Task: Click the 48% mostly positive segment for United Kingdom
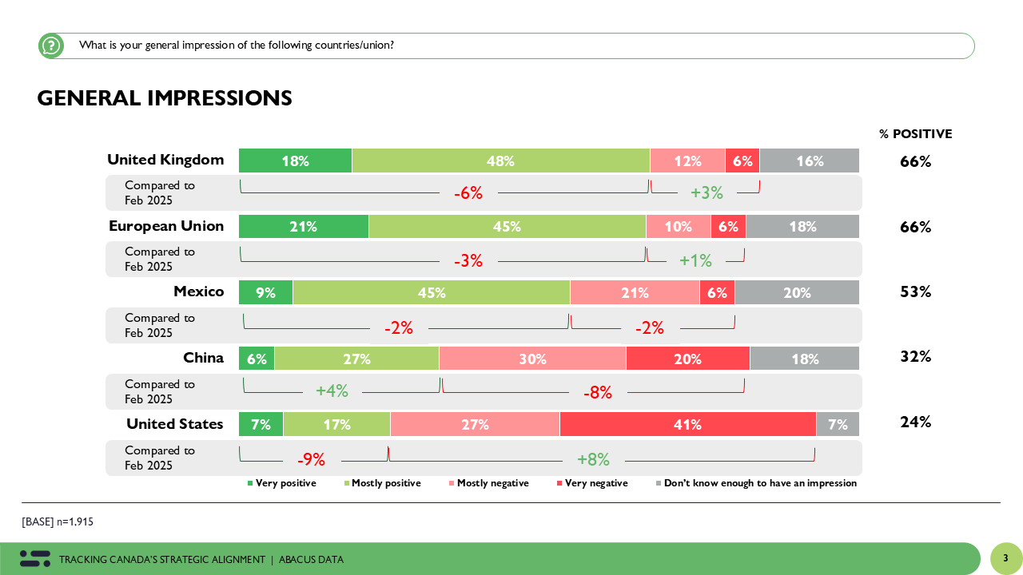[500, 161]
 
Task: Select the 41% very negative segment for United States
[687, 424]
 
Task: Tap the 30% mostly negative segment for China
[532, 359]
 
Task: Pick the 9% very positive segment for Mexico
[265, 293]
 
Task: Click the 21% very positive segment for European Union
[304, 227]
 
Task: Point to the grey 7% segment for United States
[838, 424]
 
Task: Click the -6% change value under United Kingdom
[468, 193]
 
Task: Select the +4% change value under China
[332, 391]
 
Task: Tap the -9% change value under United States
[311, 460]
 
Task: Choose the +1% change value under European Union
[695, 260]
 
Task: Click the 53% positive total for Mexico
[916, 291]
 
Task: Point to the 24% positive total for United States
[916, 422]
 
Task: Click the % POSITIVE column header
[916, 134]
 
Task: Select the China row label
[203, 358]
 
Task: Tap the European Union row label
[166, 226]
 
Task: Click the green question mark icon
[51, 46]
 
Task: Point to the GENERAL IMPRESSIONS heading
[165, 98]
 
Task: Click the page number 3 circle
[1005, 558]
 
